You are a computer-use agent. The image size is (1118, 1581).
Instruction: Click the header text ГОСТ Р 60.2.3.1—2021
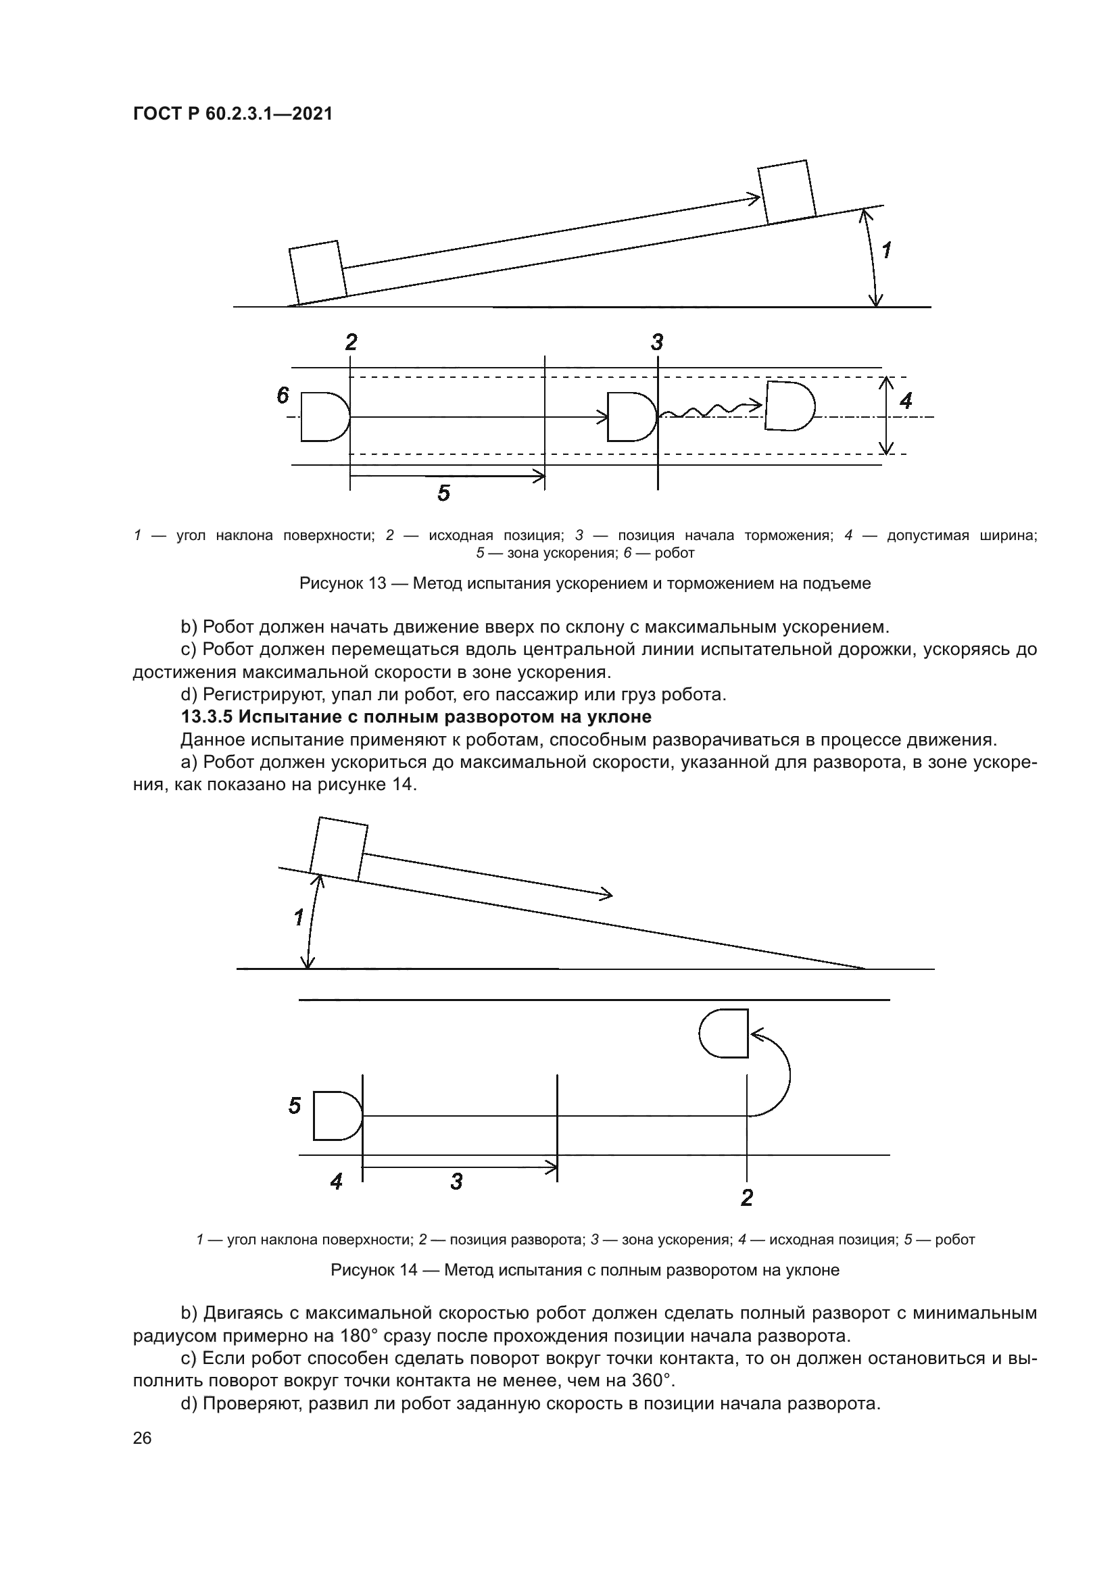[x=233, y=114]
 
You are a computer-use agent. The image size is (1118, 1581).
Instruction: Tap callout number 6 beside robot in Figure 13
[x=283, y=395]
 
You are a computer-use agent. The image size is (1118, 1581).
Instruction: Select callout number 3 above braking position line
[x=657, y=342]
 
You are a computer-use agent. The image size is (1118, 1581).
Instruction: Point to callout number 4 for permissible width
[x=906, y=401]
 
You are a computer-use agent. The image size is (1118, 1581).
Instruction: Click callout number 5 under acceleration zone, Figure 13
[x=443, y=493]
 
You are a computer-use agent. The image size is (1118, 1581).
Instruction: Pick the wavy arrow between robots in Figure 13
[x=709, y=411]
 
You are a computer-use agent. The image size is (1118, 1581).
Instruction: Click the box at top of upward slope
[x=787, y=192]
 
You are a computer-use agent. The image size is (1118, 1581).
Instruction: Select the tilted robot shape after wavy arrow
[x=789, y=406]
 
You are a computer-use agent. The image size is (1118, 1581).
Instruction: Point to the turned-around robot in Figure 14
[x=725, y=1033]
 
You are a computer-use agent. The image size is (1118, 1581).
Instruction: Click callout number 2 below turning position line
[x=746, y=1198]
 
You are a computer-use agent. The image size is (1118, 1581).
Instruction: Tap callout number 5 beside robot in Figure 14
[x=295, y=1106]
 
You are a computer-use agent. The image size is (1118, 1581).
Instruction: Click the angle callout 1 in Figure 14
[x=299, y=918]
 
